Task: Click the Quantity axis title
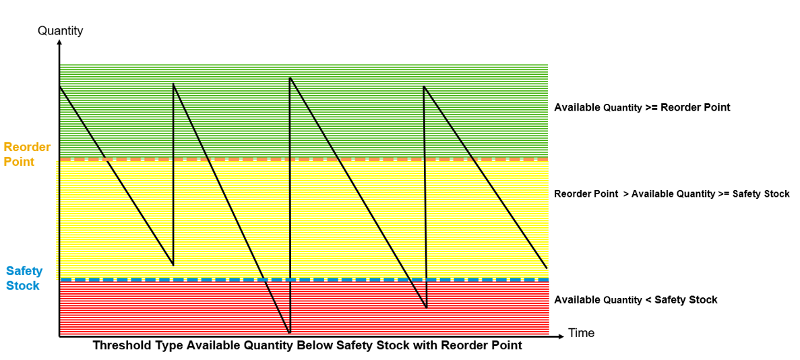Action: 61,30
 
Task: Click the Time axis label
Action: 582,334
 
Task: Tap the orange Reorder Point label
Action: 28,155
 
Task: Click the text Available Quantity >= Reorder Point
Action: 642,108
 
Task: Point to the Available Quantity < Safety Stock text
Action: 636,300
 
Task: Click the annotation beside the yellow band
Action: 672,194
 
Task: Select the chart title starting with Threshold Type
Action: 307,346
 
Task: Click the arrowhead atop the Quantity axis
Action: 60,42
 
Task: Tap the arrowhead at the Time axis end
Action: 561,336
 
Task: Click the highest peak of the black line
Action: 290,78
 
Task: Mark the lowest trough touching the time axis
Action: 289,334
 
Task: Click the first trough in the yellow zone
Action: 173,266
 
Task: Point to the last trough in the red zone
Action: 426,308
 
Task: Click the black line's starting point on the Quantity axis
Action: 60,86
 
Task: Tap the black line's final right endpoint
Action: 547,268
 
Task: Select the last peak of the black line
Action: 424,86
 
